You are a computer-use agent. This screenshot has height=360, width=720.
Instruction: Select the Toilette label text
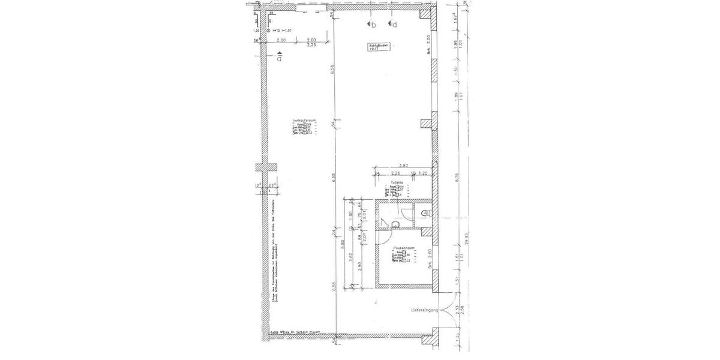point(395,182)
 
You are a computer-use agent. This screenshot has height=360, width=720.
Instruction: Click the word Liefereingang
point(425,311)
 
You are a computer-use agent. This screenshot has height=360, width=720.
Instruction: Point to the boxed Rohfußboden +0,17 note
point(379,48)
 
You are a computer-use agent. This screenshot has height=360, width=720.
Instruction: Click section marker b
point(372,25)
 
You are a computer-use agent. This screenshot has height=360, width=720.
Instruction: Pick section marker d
point(392,25)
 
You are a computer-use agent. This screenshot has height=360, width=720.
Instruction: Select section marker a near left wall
point(279,58)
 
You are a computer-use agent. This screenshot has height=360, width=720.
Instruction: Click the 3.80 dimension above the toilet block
point(403,166)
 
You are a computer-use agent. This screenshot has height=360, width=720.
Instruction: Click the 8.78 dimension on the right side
point(457,177)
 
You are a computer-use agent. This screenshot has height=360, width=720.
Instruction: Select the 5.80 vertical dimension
point(342,246)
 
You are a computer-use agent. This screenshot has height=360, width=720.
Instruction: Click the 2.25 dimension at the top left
point(311,45)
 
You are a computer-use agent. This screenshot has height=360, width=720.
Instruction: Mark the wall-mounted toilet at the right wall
point(425,213)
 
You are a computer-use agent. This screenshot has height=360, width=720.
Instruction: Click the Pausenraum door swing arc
point(382,223)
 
